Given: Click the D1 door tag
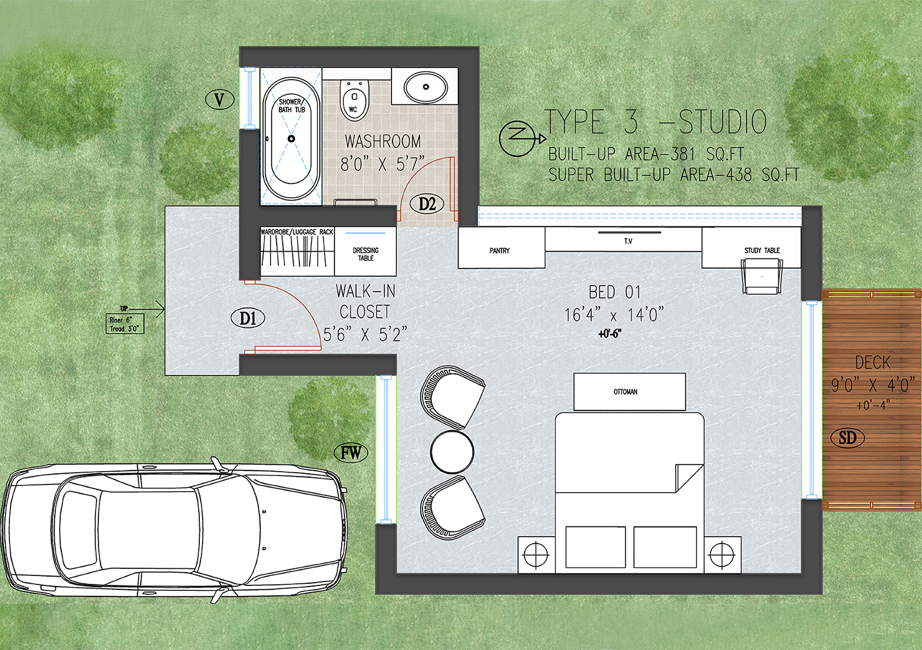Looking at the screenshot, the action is (247, 318).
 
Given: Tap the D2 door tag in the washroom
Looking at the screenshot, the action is (427, 204).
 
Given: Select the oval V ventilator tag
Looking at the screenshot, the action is (219, 99).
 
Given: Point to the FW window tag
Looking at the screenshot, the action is (351, 453).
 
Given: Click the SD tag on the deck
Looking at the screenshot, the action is (847, 437).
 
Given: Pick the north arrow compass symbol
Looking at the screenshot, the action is (521, 139).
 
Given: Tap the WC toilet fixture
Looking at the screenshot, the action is (354, 99).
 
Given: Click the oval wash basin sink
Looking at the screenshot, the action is (426, 87).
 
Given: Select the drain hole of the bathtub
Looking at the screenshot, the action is (292, 139).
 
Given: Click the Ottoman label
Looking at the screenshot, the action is (625, 392).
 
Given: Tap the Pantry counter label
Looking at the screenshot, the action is (500, 250).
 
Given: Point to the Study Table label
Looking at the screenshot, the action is (762, 250).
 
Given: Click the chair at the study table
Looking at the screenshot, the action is (762, 276).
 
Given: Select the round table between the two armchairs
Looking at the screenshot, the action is (452, 452).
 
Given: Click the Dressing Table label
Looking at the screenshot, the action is (365, 254).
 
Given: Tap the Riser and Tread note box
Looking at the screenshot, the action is (125, 324).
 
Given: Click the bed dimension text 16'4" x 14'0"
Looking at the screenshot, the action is (614, 315).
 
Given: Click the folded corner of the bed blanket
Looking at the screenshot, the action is (689, 478).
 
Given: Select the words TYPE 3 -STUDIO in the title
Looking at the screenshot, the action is (656, 122).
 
